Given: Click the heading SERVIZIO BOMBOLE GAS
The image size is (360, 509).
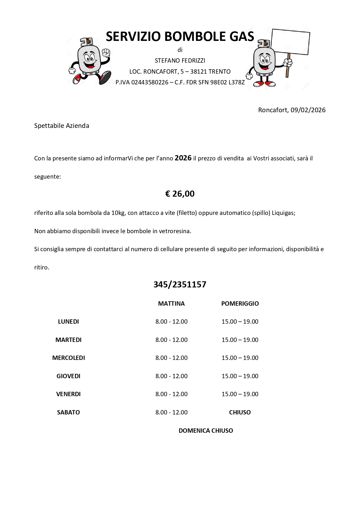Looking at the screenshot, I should point(180,37).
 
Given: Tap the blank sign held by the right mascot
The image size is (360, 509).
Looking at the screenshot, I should point(291,41).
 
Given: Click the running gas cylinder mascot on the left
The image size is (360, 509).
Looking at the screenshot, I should point(90,61).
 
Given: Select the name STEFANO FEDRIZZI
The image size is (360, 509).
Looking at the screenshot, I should point(180,61).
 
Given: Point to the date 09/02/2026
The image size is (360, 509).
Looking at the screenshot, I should point(308,110).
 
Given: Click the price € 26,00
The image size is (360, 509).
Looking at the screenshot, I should point(180,194).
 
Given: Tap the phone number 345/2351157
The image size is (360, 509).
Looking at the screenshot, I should point(180,285).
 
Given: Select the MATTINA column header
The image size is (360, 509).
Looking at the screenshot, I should point(171,304).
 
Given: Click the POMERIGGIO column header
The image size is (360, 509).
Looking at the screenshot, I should point(240,304).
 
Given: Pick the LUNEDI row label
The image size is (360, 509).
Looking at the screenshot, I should point(68,322).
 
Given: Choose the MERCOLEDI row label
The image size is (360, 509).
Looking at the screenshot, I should point(68,358).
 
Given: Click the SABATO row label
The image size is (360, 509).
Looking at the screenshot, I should point(68,412).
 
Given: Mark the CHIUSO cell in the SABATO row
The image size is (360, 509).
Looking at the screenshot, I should point(240,412).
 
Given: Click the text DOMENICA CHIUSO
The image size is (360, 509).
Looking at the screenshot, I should point(206,431).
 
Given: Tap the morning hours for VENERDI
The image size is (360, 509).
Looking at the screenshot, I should point(171,394).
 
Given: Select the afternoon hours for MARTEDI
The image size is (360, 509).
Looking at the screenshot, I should point(240,340).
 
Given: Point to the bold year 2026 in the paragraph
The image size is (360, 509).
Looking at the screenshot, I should point(183,158).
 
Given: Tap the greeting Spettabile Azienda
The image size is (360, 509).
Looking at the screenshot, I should point(61,126).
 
